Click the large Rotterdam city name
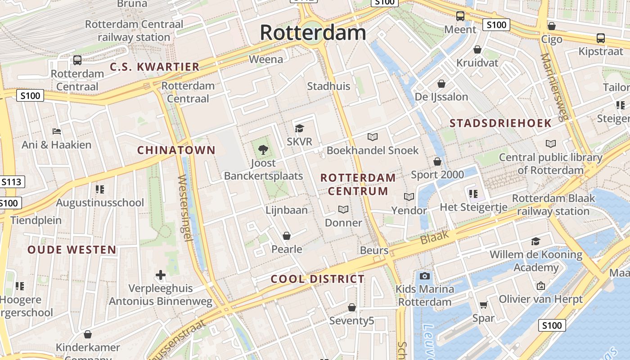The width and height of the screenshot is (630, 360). pyautogui.click(x=313, y=33)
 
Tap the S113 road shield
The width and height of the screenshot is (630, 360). pyautogui.click(x=11, y=182)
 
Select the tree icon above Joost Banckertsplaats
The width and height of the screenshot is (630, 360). pyautogui.click(x=263, y=149)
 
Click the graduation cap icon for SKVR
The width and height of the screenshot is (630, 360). pyautogui.click(x=299, y=128)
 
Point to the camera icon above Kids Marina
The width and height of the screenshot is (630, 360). pyautogui.click(x=424, y=276)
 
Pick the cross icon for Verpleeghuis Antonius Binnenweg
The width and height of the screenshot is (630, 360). pyautogui.click(x=161, y=275)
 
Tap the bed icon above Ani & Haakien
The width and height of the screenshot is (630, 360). pyautogui.click(x=57, y=131)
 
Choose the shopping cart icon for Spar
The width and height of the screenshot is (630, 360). pyautogui.click(x=483, y=305)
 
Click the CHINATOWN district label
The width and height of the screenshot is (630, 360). pyautogui.click(x=176, y=150)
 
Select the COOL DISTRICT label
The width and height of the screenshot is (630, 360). pyautogui.click(x=317, y=279)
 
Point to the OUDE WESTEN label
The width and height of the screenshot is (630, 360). pyautogui.click(x=72, y=250)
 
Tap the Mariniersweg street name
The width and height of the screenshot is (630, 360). pyautogui.click(x=555, y=88)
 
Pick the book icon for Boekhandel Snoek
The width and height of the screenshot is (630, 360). pyautogui.click(x=373, y=137)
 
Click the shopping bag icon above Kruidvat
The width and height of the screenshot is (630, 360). pyautogui.click(x=477, y=49)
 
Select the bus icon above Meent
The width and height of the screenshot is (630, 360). pyautogui.click(x=460, y=16)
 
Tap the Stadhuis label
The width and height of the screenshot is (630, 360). pyautogui.click(x=328, y=86)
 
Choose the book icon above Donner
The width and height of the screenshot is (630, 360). pyautogui.click(x=343, y=209)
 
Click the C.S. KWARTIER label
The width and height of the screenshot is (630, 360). pyautogui.click(x=155, y=67)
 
